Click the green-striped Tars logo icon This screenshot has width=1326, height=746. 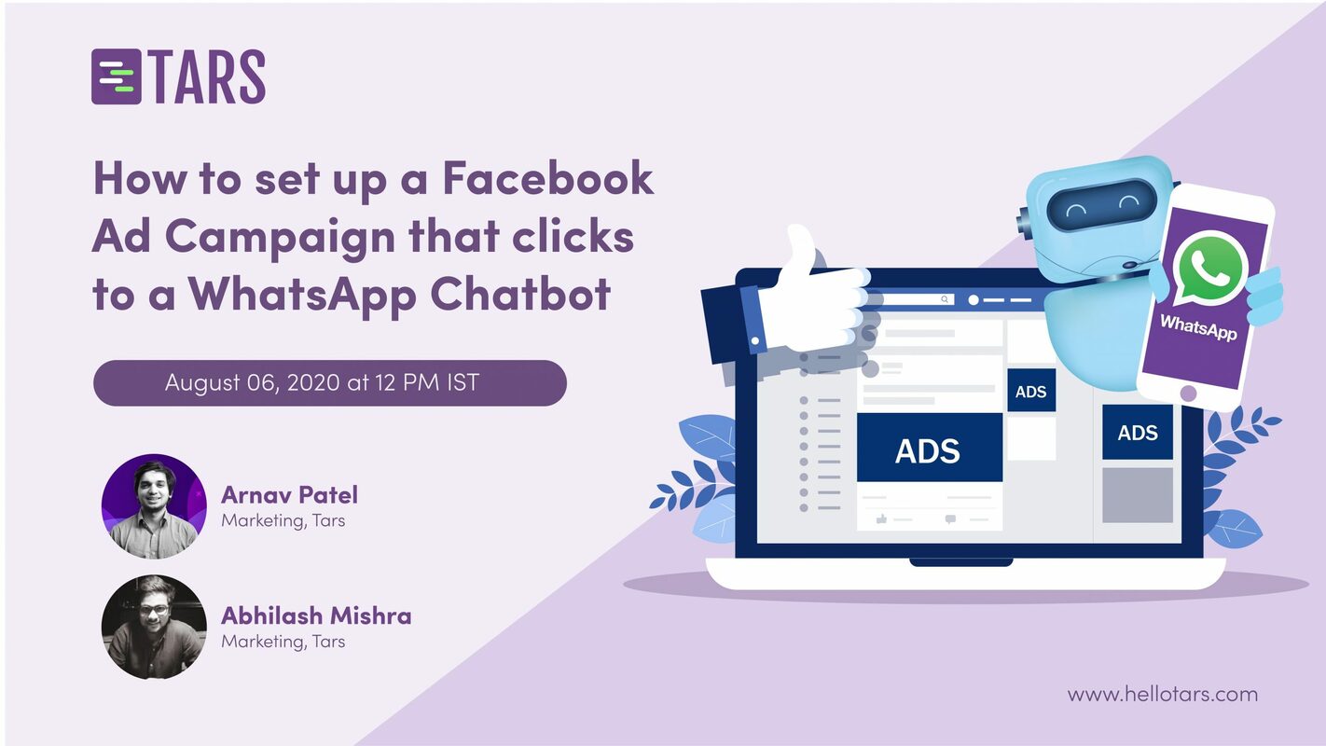(x=116, y=76)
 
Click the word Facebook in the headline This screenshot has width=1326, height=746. (x=548, y=178)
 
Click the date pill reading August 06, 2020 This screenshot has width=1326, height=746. (x=329, y=382)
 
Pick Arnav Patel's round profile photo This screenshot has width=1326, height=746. (x=154, y=506)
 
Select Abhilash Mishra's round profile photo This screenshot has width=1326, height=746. (x=154, y=627)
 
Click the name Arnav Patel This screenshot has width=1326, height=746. (x=289, y=494)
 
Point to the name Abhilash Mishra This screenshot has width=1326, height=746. (x=316, y=615)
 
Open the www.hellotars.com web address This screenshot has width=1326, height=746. (x=1162, y=694)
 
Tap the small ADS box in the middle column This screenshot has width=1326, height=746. (x=1030, y=391)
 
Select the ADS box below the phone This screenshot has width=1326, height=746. (x=1137, y=433)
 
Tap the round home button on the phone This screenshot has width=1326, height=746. (x=1187, y=394)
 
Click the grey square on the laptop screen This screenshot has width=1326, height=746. (x=1137, y=494)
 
